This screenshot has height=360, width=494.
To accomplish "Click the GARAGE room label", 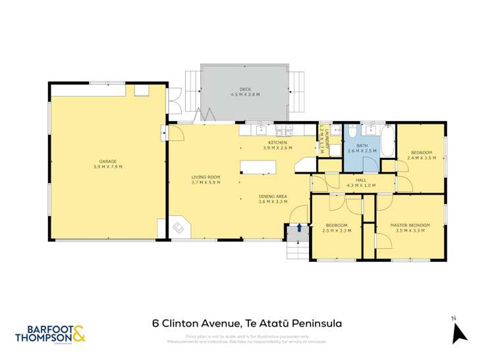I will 109,162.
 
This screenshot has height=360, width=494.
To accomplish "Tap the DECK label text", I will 245,90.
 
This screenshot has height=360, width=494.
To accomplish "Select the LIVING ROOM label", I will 206,177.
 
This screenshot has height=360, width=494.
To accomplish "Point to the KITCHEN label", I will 277,143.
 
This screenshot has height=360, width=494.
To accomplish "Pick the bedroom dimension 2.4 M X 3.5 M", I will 422,158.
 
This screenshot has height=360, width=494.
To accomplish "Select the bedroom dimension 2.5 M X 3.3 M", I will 336,230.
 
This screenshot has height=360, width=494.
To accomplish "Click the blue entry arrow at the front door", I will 300,227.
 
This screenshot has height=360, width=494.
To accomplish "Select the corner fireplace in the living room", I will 178,228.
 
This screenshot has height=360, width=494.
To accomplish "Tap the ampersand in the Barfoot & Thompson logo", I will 78,334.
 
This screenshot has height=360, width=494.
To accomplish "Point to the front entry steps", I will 297,249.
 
